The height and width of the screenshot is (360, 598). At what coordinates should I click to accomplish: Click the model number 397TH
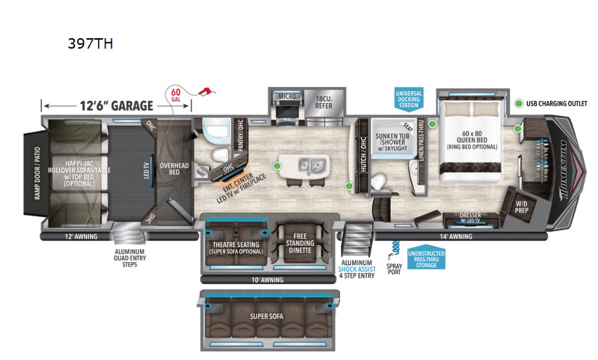(90, 44)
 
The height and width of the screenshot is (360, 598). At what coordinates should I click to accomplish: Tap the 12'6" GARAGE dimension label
(116, 106)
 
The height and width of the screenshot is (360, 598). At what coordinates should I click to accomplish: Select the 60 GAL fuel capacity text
(175, 95)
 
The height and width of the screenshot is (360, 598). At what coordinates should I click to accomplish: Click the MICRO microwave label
(287, 96)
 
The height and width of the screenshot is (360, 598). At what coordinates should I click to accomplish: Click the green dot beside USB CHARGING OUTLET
(519, 104)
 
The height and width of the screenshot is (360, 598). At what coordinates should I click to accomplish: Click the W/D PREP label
(521, 206)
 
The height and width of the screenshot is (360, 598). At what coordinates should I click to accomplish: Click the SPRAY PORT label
(394, 269)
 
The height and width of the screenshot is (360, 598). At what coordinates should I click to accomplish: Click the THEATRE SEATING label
(236, 247)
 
